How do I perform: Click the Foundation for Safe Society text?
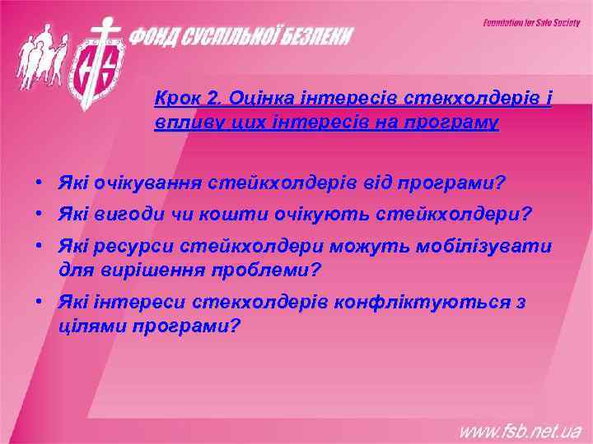[x=531, y=23]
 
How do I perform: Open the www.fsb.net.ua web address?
[x=520, y=429]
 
